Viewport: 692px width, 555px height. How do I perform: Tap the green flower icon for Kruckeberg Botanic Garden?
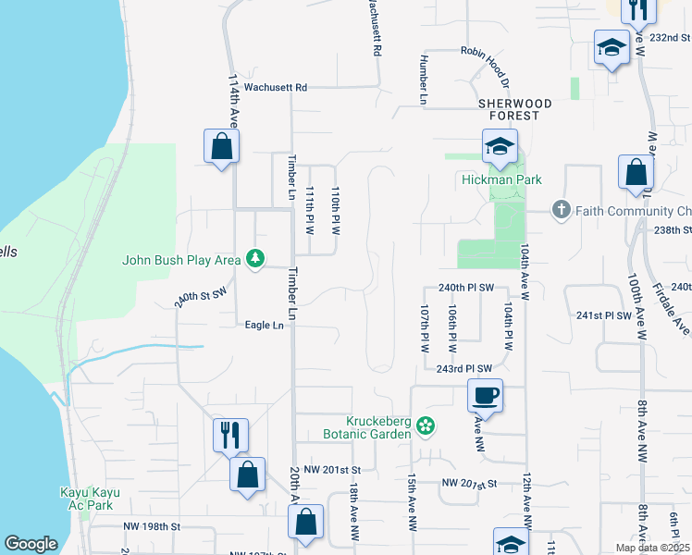[425, 426]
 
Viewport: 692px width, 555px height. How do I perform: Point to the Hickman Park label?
[501, 179]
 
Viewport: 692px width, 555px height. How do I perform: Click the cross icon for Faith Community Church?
[561, 210]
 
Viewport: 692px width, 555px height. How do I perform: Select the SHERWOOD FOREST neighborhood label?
[515, 109]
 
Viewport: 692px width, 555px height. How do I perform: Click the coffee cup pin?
[486, 397]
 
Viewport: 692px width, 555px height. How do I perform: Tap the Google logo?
[31, 544]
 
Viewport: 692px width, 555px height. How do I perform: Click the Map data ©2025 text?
[652, 548]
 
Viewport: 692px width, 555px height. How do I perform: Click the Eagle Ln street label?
[264, 325]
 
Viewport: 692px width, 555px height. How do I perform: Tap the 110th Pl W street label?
[337, 211]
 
